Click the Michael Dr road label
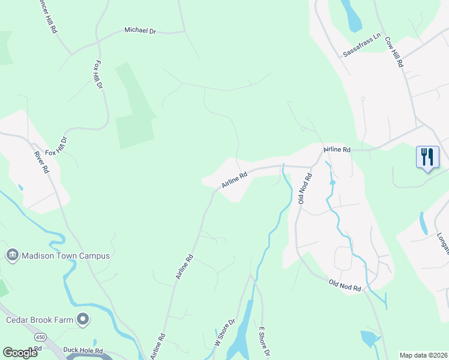click(140, 29)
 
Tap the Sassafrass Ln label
click(362, 45)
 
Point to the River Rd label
click(41, 162)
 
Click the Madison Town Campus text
click(66, 256)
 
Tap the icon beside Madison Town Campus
click(11, 256)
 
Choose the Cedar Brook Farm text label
click(39, 319)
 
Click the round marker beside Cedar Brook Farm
click(83, 319)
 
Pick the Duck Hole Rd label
click(83, 350)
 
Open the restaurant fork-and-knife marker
click(427, 157)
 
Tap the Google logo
click(20, 353)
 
